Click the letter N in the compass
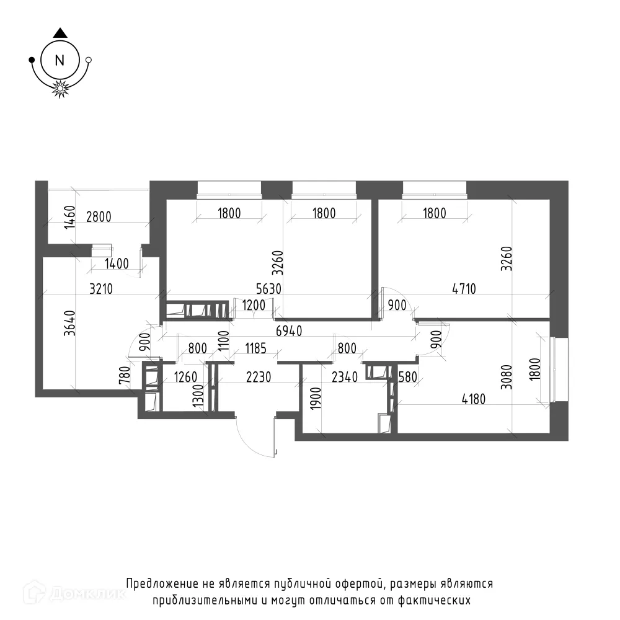60,61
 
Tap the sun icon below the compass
60,88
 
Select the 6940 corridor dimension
289,330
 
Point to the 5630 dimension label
269,289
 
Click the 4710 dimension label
464,289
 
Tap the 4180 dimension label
473,399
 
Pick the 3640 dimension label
69,323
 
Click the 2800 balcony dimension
99,216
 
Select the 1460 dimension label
69,217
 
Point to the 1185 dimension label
255,348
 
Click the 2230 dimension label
259,377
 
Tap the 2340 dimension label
345,377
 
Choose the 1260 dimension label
185,377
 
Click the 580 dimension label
408,377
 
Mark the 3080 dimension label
506,377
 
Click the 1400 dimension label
117,263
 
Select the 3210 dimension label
101,289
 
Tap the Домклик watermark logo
74,593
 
